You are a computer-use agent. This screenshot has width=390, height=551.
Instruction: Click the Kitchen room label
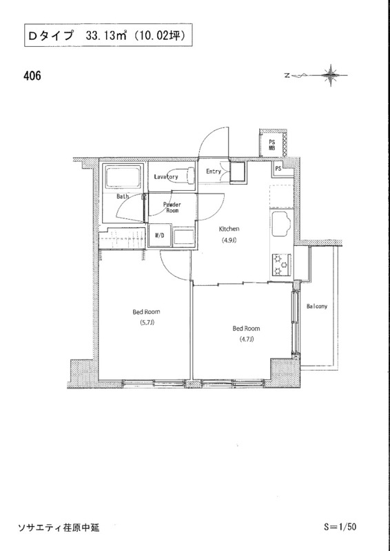click(x=229, y=229)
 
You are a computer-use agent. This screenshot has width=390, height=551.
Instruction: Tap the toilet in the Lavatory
click(x=185, y=176)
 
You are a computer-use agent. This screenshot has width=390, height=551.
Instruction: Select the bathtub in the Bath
click(x=123, y=178)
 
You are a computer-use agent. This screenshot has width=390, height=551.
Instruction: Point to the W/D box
click(x=160, y=236)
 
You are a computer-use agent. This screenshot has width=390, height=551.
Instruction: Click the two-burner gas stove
click(x=281, y=264)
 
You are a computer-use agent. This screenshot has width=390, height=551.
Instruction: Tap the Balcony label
click(x=317, y=306)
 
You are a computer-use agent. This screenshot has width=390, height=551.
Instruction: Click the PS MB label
click(x=272, y=145)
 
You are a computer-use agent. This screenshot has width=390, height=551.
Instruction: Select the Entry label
click(x=214, y=171)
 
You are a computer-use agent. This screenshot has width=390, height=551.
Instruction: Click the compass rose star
click(x=331, y=75)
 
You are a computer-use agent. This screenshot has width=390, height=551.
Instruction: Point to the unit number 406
click(x=32, y=76)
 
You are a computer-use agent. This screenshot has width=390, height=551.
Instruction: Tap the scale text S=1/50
click(x=341, y=527)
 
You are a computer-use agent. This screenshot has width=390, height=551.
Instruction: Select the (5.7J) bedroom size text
click(x=146, y=322)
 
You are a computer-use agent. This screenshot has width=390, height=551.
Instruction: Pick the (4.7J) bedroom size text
click(x=246, y=339)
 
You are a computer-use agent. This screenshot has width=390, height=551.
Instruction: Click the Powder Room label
click(x=172, y=207)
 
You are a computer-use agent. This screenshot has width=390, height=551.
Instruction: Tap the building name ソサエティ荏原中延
click(x=59, y=528)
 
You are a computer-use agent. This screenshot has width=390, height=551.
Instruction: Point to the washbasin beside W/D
click(x=183, y=236)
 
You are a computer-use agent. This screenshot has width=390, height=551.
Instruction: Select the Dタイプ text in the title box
click(x=50, y=36)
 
